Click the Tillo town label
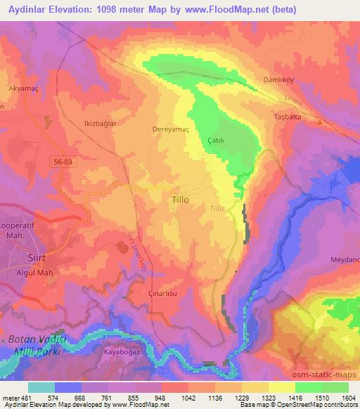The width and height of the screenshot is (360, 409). pyautogui.click(x=181, y=200)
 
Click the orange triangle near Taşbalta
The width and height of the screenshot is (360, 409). pyautogui.click(x=319, y=121)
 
